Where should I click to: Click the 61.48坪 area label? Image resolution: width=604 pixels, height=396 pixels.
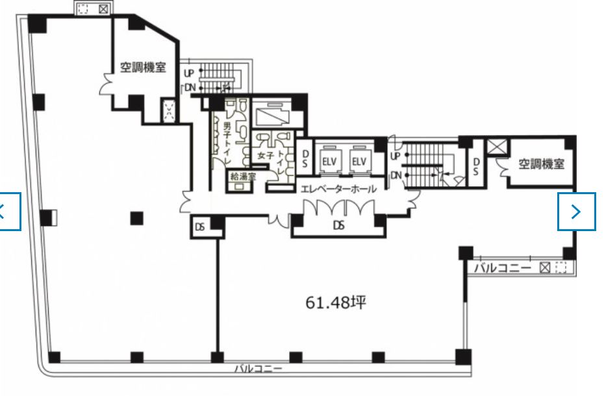click(x=336, y=303)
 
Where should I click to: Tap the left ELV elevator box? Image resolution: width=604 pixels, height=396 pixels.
click(x=329, y=160)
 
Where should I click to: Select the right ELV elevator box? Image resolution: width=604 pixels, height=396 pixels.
click(x=359, y=160)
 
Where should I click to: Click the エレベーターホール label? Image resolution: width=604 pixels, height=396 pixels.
click(x=338, y=189)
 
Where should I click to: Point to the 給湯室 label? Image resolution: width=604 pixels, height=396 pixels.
click(x=243, y=177)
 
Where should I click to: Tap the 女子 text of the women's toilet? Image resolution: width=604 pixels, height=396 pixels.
click(x=265, y=156)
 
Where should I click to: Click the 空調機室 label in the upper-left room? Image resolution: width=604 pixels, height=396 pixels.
click(x=143, y=68)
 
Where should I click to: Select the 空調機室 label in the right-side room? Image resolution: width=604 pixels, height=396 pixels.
click(x=541, y=164)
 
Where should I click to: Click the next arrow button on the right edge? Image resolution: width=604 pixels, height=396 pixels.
click(x=577, y=212)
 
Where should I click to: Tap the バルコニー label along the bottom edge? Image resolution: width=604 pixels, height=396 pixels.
click(x=258, y=369)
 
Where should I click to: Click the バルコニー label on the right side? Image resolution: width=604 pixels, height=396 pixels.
click(x=503, y=267)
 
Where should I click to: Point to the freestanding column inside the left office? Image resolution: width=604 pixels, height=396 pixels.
click(x=137, y=218)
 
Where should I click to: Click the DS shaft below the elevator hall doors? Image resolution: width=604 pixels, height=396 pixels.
click(x=338, y=225)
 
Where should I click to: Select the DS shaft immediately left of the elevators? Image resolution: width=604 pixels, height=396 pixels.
click(x=305, y=158)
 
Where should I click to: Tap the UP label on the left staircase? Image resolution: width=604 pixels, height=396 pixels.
click(x=188, y=73)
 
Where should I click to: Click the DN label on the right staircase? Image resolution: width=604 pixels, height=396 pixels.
click(x=396, y=175)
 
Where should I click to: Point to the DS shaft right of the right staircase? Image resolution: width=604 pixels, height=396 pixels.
click(x=476, y=167)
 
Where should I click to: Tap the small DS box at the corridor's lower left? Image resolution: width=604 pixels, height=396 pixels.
click(x=200, y=227)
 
